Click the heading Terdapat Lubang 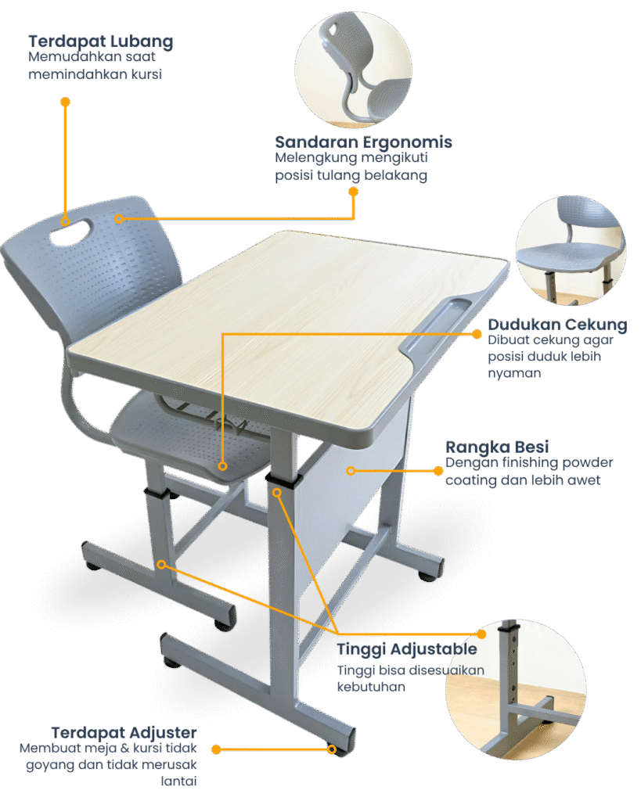101,42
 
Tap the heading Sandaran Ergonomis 363,142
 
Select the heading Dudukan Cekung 558,325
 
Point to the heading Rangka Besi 497,447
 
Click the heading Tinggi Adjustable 407,649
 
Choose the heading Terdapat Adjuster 124,732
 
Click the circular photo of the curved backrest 353,69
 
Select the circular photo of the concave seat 571,251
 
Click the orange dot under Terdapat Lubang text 66,102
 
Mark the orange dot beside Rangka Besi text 438,470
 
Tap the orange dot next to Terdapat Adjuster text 216,749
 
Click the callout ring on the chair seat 222,466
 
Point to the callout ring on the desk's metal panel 351,470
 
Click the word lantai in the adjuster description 178,781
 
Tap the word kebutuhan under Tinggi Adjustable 371,687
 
